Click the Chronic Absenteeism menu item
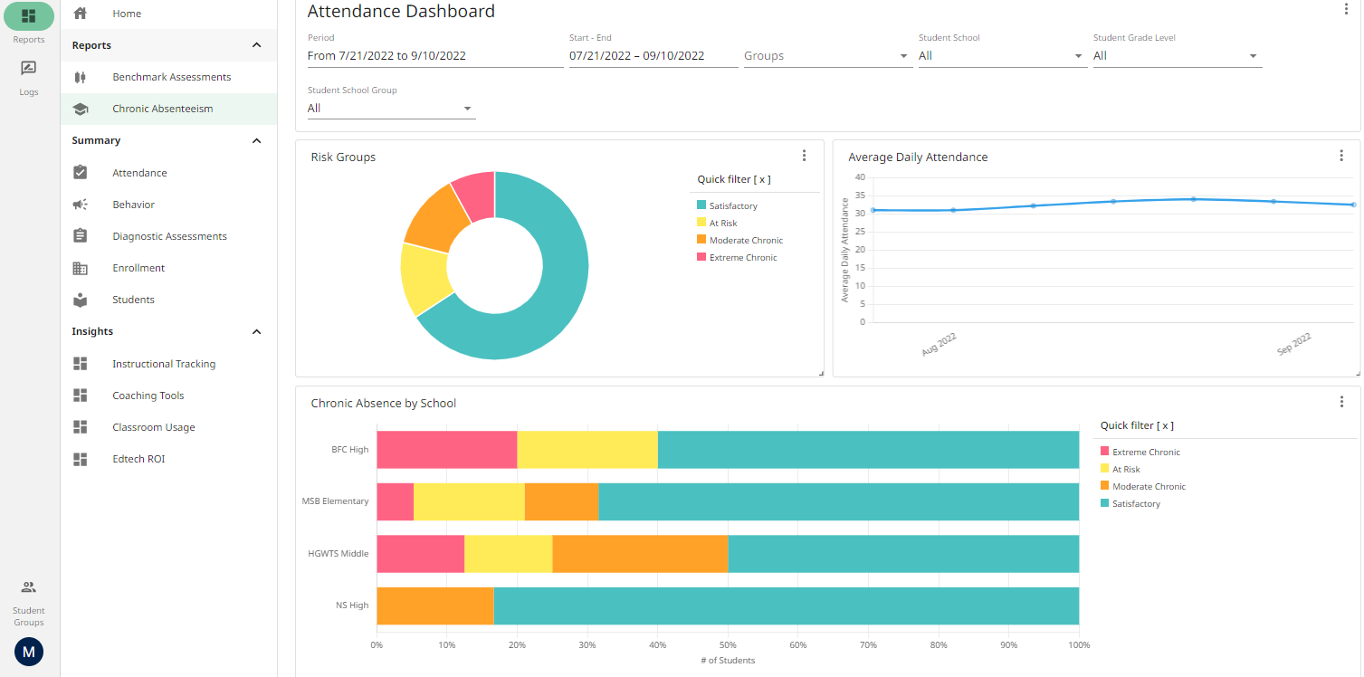tap(162, 109)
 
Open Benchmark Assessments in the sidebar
tap(171, 77)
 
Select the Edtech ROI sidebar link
tap(138, 459)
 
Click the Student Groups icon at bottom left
tap(29, 587)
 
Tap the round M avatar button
tap(29, 652)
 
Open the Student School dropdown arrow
tap(1078, 56)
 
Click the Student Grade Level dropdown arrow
tap(1253, 56)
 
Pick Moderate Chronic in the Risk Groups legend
tap(746, 241)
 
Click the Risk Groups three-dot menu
tap(804, 156)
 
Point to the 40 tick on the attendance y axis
tap(860, 177)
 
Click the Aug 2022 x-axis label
tap(939, 345)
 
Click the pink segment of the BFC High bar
tap(446, 450)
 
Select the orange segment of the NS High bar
tap(434, 605)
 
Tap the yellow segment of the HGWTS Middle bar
tap(508, 554)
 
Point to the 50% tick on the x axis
tap(728, 645)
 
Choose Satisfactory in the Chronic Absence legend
tap(1135, 504)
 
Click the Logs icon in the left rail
tap(29, 69)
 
